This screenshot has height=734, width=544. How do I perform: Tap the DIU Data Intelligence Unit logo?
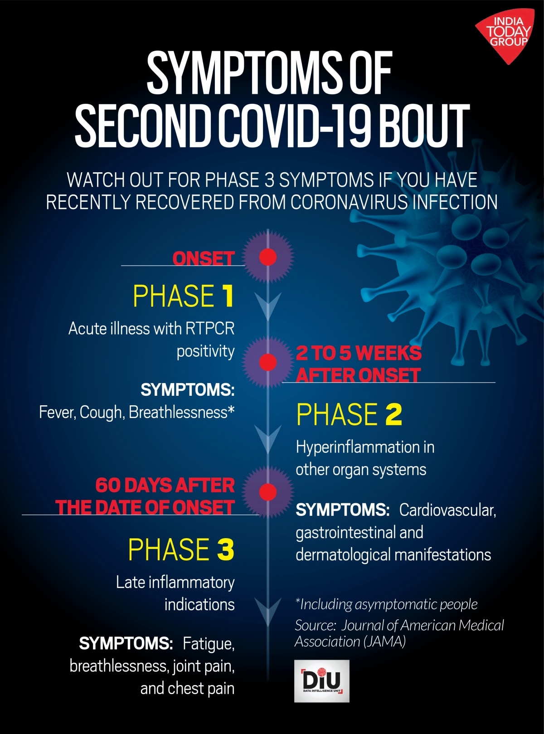(321, 681)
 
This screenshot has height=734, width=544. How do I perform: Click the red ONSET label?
(203, 258)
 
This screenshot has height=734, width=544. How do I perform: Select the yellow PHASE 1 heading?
(183, 296)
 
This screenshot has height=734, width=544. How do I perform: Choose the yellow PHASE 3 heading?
(181, 549)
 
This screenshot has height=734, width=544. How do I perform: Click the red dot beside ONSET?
(268, 257)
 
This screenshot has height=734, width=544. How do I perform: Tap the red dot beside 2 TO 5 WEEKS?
(268, 362)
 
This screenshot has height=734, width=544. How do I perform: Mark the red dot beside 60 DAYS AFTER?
(268, 492)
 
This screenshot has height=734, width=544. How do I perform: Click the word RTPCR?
(210, 329)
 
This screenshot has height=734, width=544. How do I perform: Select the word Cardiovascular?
(447, 510)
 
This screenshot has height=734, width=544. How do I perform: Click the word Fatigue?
(209, 644)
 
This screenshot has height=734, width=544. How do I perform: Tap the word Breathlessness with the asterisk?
(181, 413)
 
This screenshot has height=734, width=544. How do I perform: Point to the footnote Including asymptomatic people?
(386, 604)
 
